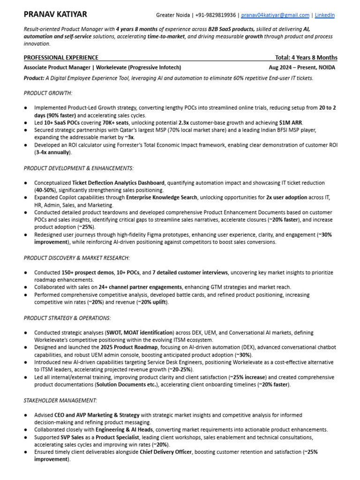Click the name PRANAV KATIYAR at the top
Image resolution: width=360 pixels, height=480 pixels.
pyautogui.click(x=55, y=15)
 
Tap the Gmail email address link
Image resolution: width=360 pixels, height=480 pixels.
pyautogui.click(x=275, y=15)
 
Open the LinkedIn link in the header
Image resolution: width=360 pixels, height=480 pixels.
pyautogui.click(x=324, y=15)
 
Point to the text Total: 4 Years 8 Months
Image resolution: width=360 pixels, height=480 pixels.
pyautogui.click(x=306, y=58)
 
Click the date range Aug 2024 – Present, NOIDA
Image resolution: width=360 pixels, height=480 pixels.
pyautogui.click(x=302, y=67)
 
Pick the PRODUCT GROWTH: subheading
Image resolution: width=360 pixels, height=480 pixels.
pyautogui.click(x=48, y=93)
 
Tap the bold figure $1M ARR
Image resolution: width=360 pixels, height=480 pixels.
pyautogui.click(x=291, y=123)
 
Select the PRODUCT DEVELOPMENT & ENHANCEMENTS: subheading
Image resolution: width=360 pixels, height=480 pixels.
pyautogui.click(x=79, y=168)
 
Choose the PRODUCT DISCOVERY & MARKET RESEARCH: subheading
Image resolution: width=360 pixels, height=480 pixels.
pyautogui.click(x=77, y=258)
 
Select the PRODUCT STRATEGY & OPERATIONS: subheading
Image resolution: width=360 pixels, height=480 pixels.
pyautogui.click(x=67, y=318)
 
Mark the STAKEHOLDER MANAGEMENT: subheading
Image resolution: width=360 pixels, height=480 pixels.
pyautogui.click(x=60, y=400)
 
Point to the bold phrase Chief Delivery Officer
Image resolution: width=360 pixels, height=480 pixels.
pyautogui.click(x=165, y=452)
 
